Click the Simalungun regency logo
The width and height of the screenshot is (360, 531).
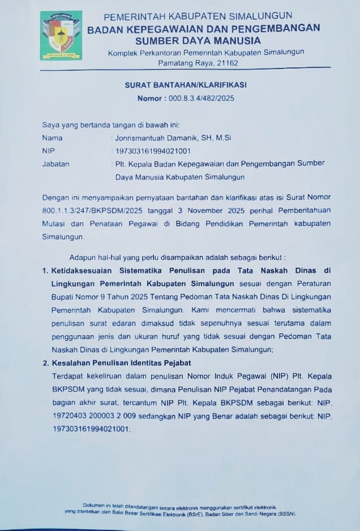coord(61,35)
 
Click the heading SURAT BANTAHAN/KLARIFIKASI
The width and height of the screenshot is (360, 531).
coord(186,85)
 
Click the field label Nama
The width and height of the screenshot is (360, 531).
coord(52,138)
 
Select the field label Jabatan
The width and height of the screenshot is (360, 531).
coord(55,164)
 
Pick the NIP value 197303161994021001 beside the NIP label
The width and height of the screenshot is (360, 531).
coord(153,151)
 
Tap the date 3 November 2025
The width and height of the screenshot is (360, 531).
coord(192,210)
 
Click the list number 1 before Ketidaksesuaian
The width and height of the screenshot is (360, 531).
coord(45,270)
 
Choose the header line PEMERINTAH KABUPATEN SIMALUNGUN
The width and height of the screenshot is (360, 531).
coord(198,15)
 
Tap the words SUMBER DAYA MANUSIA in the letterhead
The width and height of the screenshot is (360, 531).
coord(198,40)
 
